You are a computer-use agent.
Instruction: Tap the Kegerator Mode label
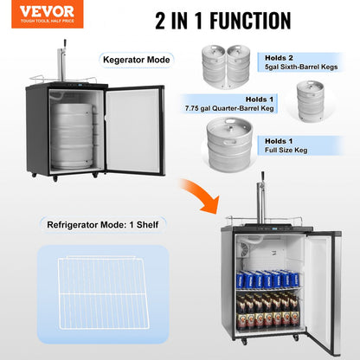tap(137, 60)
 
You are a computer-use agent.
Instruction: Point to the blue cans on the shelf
tap(269, 279)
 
